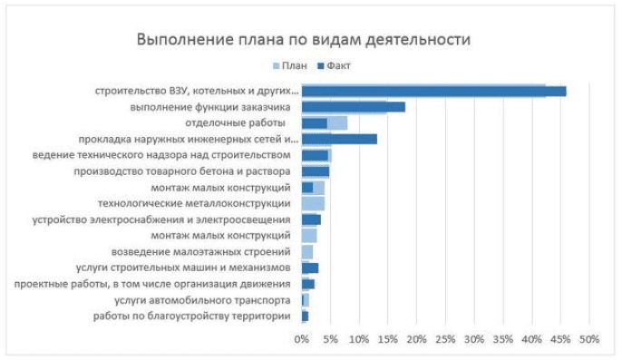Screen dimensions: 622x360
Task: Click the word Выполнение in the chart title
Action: click(185, 40)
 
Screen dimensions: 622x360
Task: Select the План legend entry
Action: click(290, 65)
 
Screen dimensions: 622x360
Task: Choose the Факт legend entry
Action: click(334, 65)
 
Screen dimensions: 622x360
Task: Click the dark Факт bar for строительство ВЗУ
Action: click(434, 92)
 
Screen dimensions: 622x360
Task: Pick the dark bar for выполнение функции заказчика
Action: click(354, 107)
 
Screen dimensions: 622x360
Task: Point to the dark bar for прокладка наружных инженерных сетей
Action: click(339, 140)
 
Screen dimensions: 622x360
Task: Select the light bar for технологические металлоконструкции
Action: click(313, 204)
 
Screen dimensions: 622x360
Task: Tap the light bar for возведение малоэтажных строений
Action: click(307, 252)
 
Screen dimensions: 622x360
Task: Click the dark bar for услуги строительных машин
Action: click(310, 268)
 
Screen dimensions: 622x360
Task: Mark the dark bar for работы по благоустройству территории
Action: click(305, 316)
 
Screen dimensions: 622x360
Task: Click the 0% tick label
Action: click(301, 339)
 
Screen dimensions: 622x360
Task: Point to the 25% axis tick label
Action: click(445, 339)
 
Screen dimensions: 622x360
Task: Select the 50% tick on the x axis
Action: click(589, 339)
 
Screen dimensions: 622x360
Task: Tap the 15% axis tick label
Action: click(387, 339)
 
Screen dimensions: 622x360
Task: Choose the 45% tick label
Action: click(560, 339)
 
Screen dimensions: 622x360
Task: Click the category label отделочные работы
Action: click(235, 123)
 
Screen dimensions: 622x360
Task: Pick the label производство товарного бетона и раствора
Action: click(182, 171)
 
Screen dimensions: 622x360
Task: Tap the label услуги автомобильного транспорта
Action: click(202, 300)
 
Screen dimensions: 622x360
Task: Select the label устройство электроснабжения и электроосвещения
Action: click(161, 219)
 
